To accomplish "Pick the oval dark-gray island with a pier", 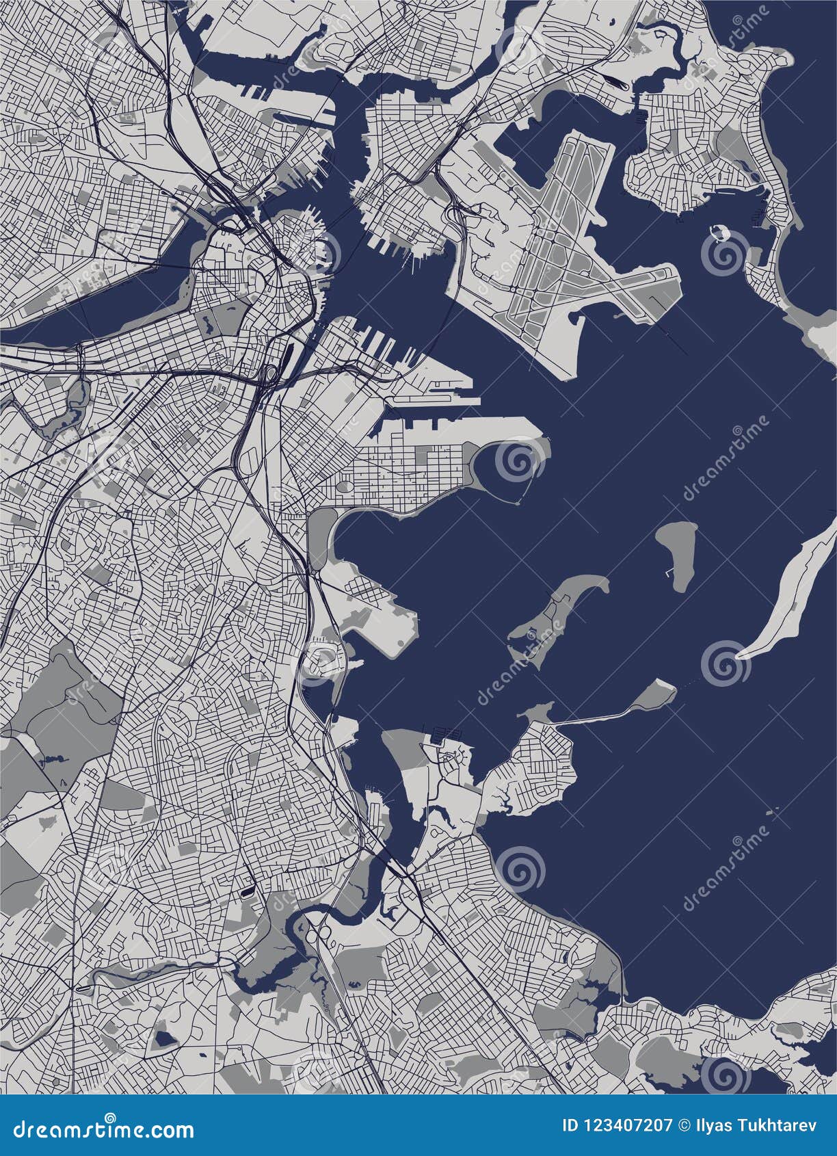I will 677,554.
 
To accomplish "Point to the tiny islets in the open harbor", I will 773,812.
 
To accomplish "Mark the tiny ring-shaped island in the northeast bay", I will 718,233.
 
